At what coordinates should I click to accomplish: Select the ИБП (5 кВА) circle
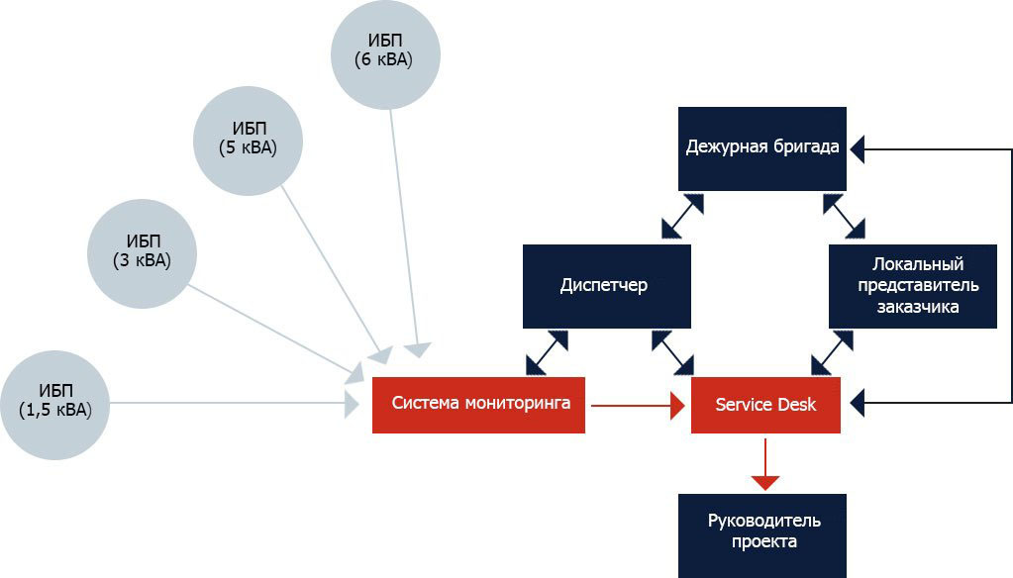248,141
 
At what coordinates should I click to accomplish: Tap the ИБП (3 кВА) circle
143,252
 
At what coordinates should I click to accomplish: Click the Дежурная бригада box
762,148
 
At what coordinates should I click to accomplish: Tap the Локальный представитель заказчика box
912,286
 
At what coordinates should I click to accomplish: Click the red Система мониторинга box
479,404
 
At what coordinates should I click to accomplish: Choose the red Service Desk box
765,405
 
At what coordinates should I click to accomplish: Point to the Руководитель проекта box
762,534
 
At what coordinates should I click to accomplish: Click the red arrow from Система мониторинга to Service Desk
638,404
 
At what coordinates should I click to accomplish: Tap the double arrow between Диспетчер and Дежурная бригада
682,216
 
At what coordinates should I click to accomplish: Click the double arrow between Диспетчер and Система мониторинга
548,351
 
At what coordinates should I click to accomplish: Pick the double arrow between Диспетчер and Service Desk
672,352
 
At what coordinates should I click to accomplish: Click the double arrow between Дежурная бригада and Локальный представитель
843,216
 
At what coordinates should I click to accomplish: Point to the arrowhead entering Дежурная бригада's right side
856,149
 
